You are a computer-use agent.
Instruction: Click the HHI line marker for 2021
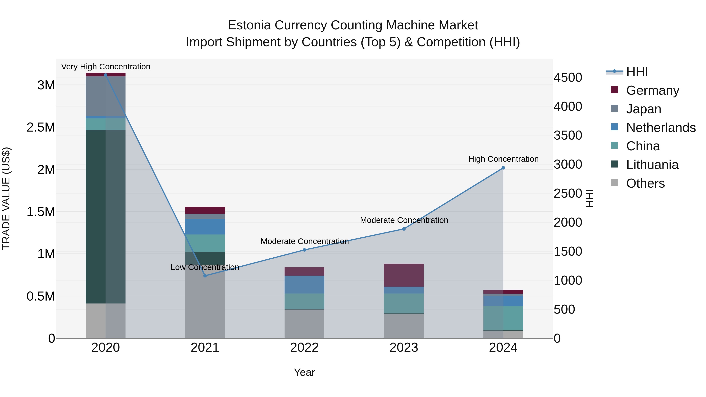pyautogui.click(x=205, y=276)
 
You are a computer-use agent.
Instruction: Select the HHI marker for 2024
pyautogui.click(x=503, y=168)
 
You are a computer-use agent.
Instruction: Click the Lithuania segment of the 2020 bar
pyautogui.click(x=106, y=216)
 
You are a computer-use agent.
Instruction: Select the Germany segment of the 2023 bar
pyautogui.click(x=404, y=275)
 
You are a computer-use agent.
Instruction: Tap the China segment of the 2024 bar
pyautogui.click(x=503, y=318)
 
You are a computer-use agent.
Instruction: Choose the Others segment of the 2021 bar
pyautogui.click(x=205, y=301)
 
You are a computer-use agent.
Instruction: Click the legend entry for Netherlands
pyautogui.click(x=661, y=128)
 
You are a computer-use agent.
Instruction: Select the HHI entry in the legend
pyautogui.click(x=637, y=72)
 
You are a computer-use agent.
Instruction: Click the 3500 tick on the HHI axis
pyautogui.click(x=568, y=135)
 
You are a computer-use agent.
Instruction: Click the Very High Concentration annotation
pyautogui.click(x=106, y=67)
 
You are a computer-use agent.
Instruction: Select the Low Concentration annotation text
pyautogui.click(x=205, y=267)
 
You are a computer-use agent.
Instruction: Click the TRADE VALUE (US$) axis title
pyautogui.click(x=6, y=198)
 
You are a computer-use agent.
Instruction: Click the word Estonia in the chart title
pyautogui.click(x=249, y=25)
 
